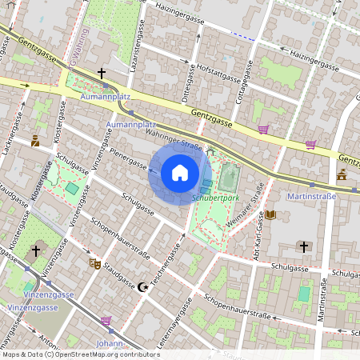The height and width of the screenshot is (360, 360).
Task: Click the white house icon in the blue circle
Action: (x=180, y=173)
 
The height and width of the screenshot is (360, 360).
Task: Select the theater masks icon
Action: (x=94, y=262)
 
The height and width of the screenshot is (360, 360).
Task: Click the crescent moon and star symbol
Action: (x=144, y=286)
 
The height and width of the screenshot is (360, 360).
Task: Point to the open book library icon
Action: (x=270, y=214)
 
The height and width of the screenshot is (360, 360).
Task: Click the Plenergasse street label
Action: (x=127, y=158)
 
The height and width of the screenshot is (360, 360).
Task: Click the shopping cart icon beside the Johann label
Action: (x=106, y=321)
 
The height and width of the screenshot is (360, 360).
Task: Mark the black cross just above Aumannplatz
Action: (x=102, y=73)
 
